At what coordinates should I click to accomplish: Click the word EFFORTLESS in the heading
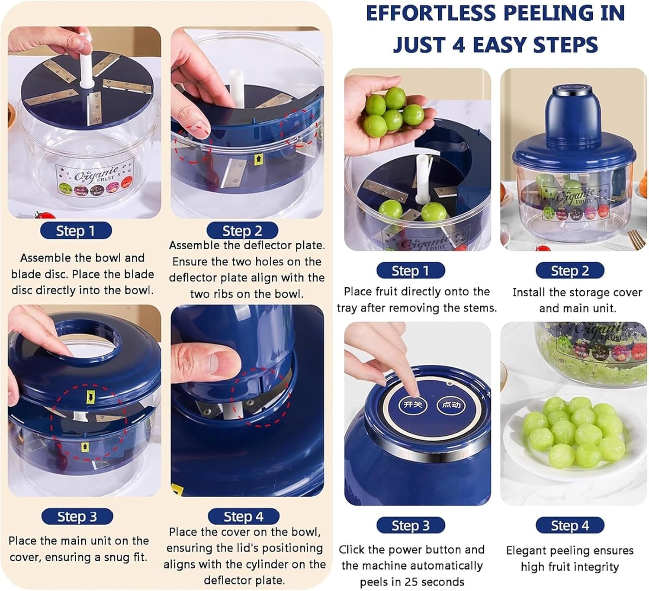click(431, 13)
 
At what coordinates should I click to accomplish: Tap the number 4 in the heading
click(459, 45)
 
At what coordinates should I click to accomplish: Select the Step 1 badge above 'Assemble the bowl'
click(76, 231)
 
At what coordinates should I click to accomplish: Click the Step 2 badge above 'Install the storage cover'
click(570, 270)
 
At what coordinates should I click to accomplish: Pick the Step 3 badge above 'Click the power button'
click(411, 525)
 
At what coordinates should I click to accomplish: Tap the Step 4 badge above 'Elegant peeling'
click(570, 525)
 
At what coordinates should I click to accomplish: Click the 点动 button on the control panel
click(451, 405)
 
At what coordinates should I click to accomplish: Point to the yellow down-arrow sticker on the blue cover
click(90, 398)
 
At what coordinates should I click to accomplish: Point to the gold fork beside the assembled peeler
click(636, 240)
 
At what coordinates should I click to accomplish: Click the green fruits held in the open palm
click(393, 112)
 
